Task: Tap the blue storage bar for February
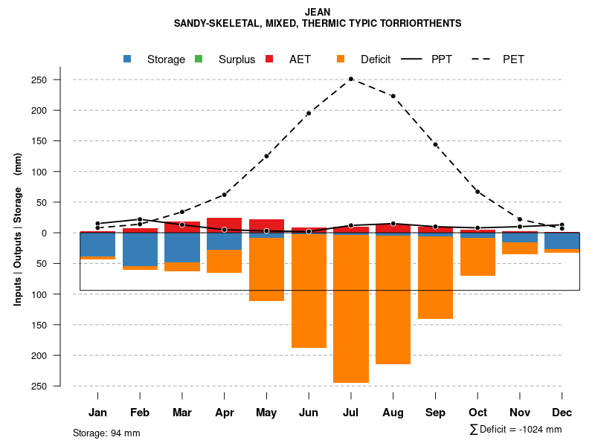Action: coord(140,249)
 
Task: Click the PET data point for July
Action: coord(351,79)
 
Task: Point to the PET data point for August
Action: coord(393,96)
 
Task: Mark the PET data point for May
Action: coord(266,156)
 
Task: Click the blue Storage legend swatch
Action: coord(127,59)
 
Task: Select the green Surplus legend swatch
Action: coord(199,59)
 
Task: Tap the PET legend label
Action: coord(513,59)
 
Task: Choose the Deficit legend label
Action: coord(376,59)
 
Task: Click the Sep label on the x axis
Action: coord(435,413)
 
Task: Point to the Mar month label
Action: coord(182,413)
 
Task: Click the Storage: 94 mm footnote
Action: coord(106,433)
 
